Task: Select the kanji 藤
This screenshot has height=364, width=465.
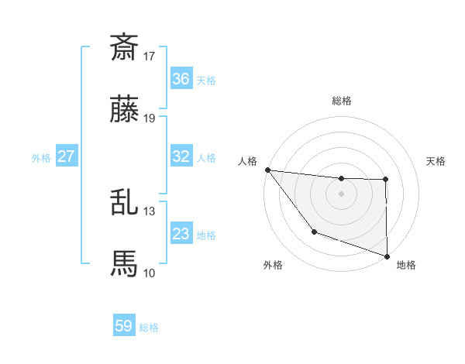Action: pos(124,110)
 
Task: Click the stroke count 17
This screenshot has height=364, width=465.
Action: pos(150,56)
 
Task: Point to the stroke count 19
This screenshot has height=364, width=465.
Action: pos(150,118)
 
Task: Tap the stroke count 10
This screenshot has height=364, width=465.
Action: pos(150,273)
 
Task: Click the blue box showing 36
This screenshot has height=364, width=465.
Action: pos(181,78)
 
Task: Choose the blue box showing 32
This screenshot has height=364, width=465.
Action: pos(181,156)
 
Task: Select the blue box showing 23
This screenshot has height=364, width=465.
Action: pos(181,234)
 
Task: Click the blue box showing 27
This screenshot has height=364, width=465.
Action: pos(66,156)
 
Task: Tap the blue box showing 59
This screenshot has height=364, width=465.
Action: pos(124,326)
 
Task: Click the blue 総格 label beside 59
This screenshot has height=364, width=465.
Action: pos(149,328)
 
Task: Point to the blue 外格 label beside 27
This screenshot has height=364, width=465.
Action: pos(41,158)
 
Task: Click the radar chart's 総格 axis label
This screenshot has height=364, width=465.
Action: pos(342,101)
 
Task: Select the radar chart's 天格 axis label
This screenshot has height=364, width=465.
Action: pos(436,161)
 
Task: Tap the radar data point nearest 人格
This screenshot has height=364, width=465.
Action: pos(267,170)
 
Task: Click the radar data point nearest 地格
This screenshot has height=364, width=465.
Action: pos(387,255)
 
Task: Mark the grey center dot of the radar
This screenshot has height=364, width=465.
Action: pos(341,194)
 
